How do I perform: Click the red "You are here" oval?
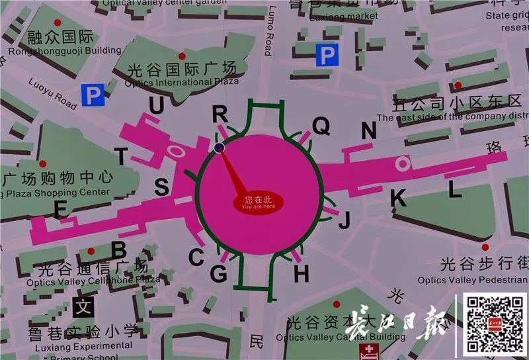click(258, 202)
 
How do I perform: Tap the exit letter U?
click(156, 105)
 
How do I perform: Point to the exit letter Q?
click(321, 125)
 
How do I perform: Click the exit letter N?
click(368, 131)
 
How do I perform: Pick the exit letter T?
click(121, 156)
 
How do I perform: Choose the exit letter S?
click(161, 188)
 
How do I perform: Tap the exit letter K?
click(398, 197)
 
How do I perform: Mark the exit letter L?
click(454, 190)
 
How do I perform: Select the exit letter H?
click(302, 271)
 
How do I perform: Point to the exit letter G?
click(218, 273)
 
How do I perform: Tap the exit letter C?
click(196, 257)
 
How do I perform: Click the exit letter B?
click(119, 250)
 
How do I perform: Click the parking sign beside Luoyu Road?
click(93, 97)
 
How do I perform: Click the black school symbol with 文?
click(83, 308)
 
